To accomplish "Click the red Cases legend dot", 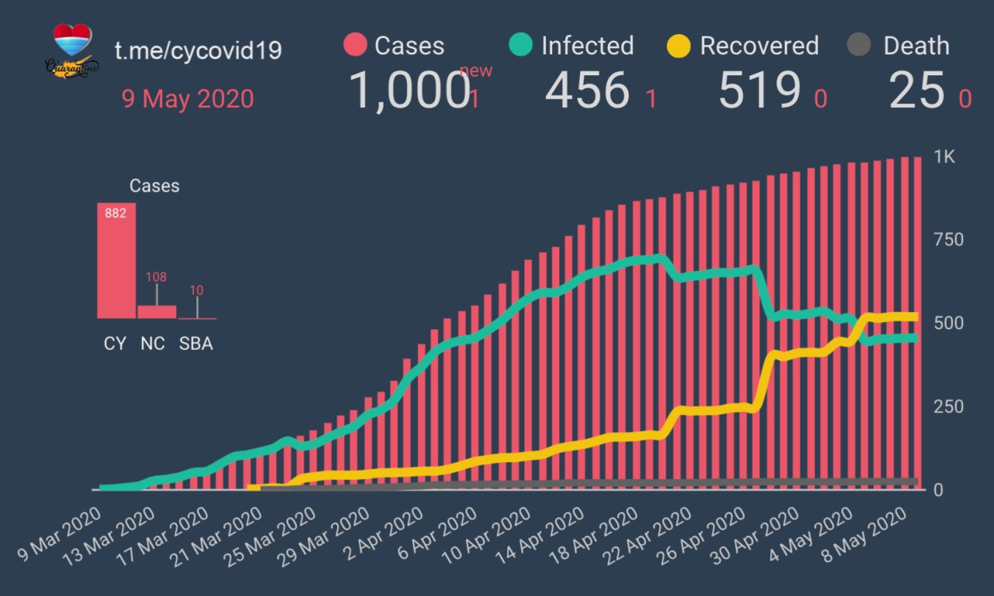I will pyautogui.click(x=355, y=45).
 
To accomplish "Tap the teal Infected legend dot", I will pyautogui.click(x=521, y=45).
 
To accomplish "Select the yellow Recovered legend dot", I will pyautogui.click(x=679, y=46).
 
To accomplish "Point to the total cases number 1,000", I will pyautogui.click(x=409, y=90).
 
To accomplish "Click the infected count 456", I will pyautogui.click(x=586, y=90).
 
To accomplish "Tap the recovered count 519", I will pyautogui.click(x=759, y=90).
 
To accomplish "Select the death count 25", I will pyautogui.click(x=916, y=90).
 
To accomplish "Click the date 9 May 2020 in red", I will pyautogui.click(x=187, y=99).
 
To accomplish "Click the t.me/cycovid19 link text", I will pyautogui.click(x=198, y=50).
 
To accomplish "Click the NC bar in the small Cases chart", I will pyautogui.click(x=157, y=311).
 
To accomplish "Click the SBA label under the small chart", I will pyautogui.click(x=196, y=344).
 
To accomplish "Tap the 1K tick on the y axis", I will pyautogui.click(x=944, y=157).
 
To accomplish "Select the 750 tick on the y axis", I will pyautogui.click(x=947, y=240).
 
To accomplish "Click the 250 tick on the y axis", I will pyautogui.click(x=947, y=407).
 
